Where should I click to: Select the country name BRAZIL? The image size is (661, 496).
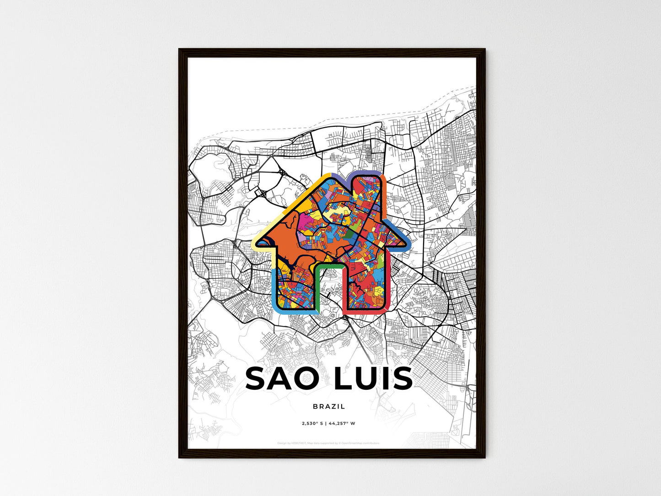(x=329, y=406)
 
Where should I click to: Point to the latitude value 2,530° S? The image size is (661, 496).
(x=313, y=423)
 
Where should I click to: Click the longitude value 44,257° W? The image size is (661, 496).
(x=342, y=423)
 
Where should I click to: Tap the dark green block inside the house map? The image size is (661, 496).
(x=350, y=235)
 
